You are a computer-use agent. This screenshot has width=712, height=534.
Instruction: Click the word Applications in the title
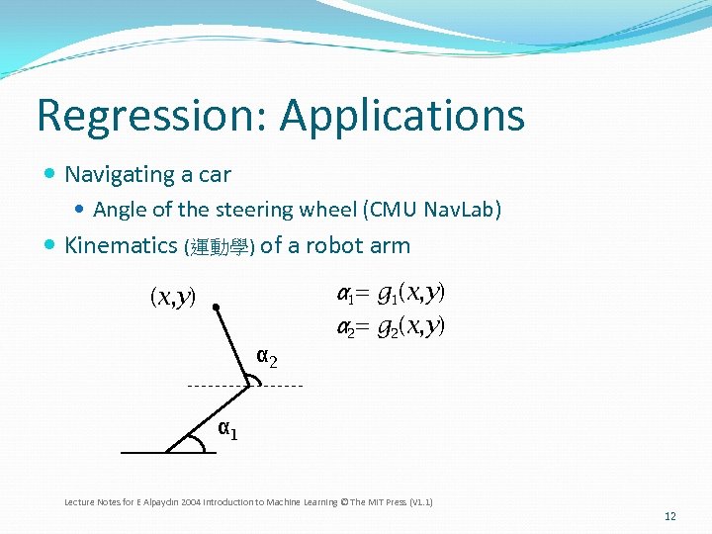coord(401,116)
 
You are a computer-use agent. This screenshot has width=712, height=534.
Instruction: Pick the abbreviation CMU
coord(394,210)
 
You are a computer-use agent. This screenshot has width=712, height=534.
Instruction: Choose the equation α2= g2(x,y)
coord(391,325)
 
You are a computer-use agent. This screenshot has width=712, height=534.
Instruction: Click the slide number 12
coord(669,516)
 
